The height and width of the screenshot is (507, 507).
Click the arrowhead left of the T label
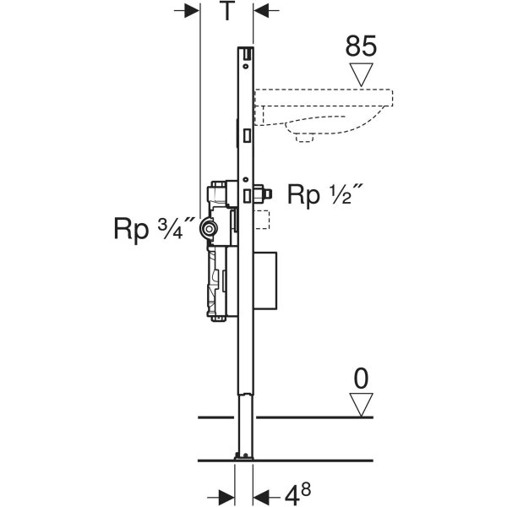pos(189,11)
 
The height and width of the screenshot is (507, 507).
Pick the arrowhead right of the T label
pos(263,11)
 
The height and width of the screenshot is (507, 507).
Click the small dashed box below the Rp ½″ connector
pos(263,221)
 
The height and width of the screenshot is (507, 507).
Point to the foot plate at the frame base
pos(245,459)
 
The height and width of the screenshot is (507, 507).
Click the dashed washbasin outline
pos(330,110)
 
